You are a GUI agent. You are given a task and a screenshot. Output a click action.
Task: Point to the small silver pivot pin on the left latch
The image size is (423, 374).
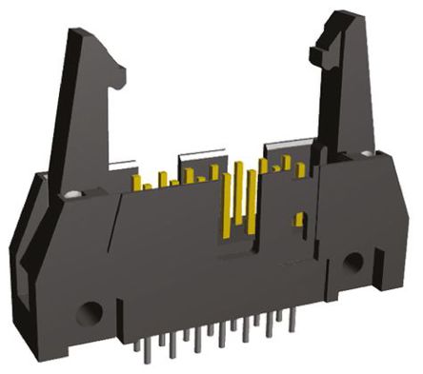click(x=71, y=197)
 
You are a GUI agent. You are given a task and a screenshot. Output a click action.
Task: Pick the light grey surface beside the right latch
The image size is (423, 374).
click(x=291, y=148)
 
